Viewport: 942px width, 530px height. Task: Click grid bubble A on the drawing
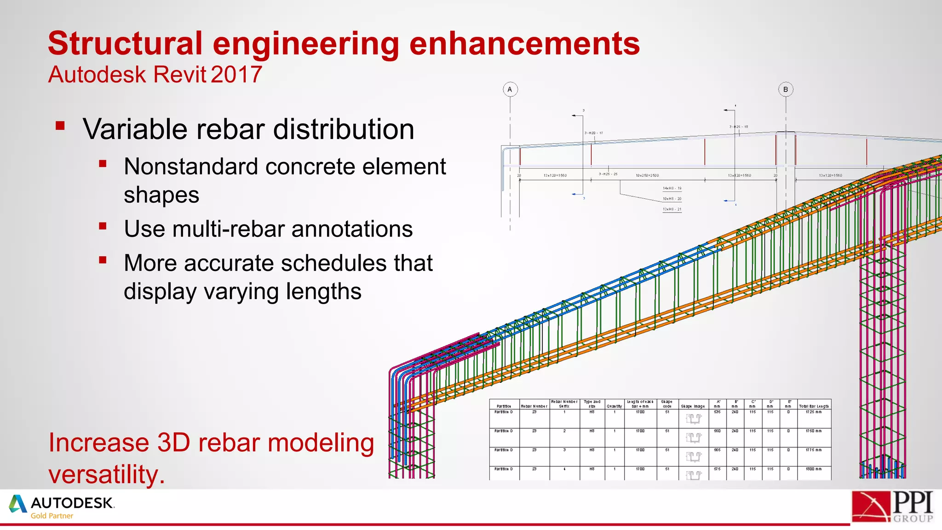(510, 89)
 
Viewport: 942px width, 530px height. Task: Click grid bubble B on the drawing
(786, 89)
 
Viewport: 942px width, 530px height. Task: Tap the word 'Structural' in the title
(125, 43)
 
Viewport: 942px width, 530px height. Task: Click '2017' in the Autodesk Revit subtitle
(237, 75)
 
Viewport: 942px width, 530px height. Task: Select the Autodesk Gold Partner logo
(62, 507)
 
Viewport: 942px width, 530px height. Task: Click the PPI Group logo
(892, 507)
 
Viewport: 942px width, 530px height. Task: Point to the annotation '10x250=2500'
(647, 176)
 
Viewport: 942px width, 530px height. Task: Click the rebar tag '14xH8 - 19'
(672, 189)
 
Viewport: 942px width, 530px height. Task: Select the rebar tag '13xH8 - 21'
(672, 209)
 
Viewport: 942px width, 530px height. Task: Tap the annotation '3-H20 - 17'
(593, 133)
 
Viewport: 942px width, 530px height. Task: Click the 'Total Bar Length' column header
(814, 406)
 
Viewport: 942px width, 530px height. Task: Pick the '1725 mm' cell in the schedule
(813, 412)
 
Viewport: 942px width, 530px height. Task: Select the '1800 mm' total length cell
(813, 469)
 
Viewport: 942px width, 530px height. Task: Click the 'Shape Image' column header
(693, 406)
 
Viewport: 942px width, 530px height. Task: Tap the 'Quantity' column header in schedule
(614, 406)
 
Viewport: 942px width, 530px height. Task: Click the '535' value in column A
(717, 412)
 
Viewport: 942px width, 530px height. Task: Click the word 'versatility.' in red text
(107, 475)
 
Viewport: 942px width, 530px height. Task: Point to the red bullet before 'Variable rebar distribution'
(60, 126)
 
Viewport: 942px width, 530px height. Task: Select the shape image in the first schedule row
(693, 419)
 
